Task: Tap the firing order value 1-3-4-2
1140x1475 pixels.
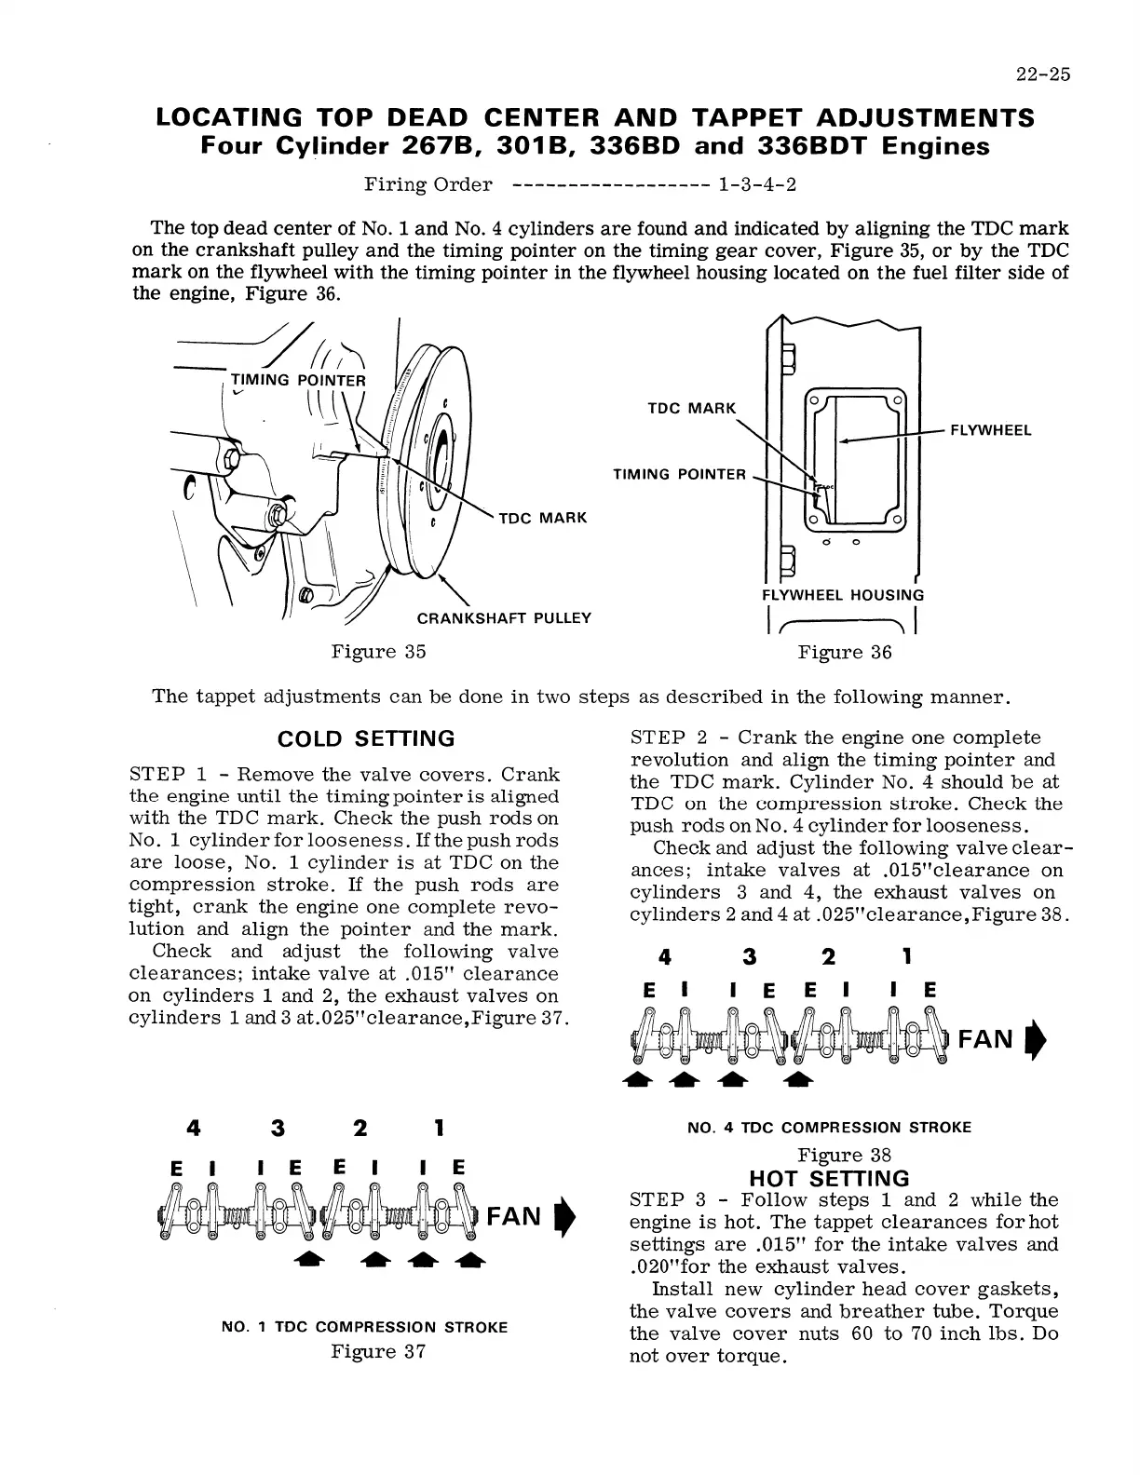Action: (757, 184)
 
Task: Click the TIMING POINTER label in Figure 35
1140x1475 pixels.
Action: (298, 380)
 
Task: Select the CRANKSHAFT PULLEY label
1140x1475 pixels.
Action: (503, 618)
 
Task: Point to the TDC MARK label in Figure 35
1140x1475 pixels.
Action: (543, 518)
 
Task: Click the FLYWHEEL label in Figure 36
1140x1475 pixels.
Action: (990, 430)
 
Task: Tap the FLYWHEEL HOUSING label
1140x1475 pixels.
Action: (843, 595)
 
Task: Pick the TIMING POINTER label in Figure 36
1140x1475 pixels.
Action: (679, 475)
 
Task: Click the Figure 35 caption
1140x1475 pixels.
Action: (378, 652)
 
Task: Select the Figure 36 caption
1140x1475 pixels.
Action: (845, 653)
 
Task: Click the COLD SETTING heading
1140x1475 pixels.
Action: (367, 739)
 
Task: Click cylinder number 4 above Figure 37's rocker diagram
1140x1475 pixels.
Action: (194, 1129)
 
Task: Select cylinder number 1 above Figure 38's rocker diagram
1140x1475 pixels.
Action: (906, 956)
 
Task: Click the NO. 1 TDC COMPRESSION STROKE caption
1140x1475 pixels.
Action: (365, 1327)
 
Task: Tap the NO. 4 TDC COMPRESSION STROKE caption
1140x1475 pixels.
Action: (829, 1128)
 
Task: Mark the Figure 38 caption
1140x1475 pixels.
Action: (845, 1156)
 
